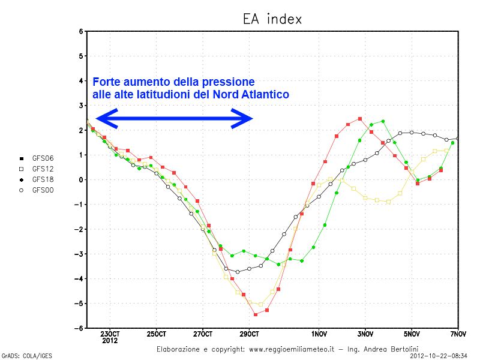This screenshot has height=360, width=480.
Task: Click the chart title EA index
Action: click(x=272, y=19)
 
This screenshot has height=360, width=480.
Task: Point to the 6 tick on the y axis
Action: click(x=81, y=31)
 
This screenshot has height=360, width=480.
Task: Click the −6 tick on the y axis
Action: click(x=79, y=328)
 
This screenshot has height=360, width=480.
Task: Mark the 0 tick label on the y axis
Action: click(x=81, y=179)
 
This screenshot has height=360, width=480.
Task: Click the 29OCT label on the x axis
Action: click(x=249, y=334)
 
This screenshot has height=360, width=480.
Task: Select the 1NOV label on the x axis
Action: click(x=319, y=334)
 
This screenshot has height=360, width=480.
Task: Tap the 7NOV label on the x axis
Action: click(x=458, y=334)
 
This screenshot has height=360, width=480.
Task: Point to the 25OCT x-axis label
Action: click(x=156, y=334)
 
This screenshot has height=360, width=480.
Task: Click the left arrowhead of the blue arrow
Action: click(x=103, y=119)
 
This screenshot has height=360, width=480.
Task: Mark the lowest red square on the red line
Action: click(x=256, y=314)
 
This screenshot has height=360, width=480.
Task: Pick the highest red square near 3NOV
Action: click(x=360, y=119)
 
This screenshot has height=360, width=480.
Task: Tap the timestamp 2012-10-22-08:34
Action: click(x=439, y=355)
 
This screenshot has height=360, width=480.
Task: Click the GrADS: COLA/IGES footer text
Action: click(x=27, y=355)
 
